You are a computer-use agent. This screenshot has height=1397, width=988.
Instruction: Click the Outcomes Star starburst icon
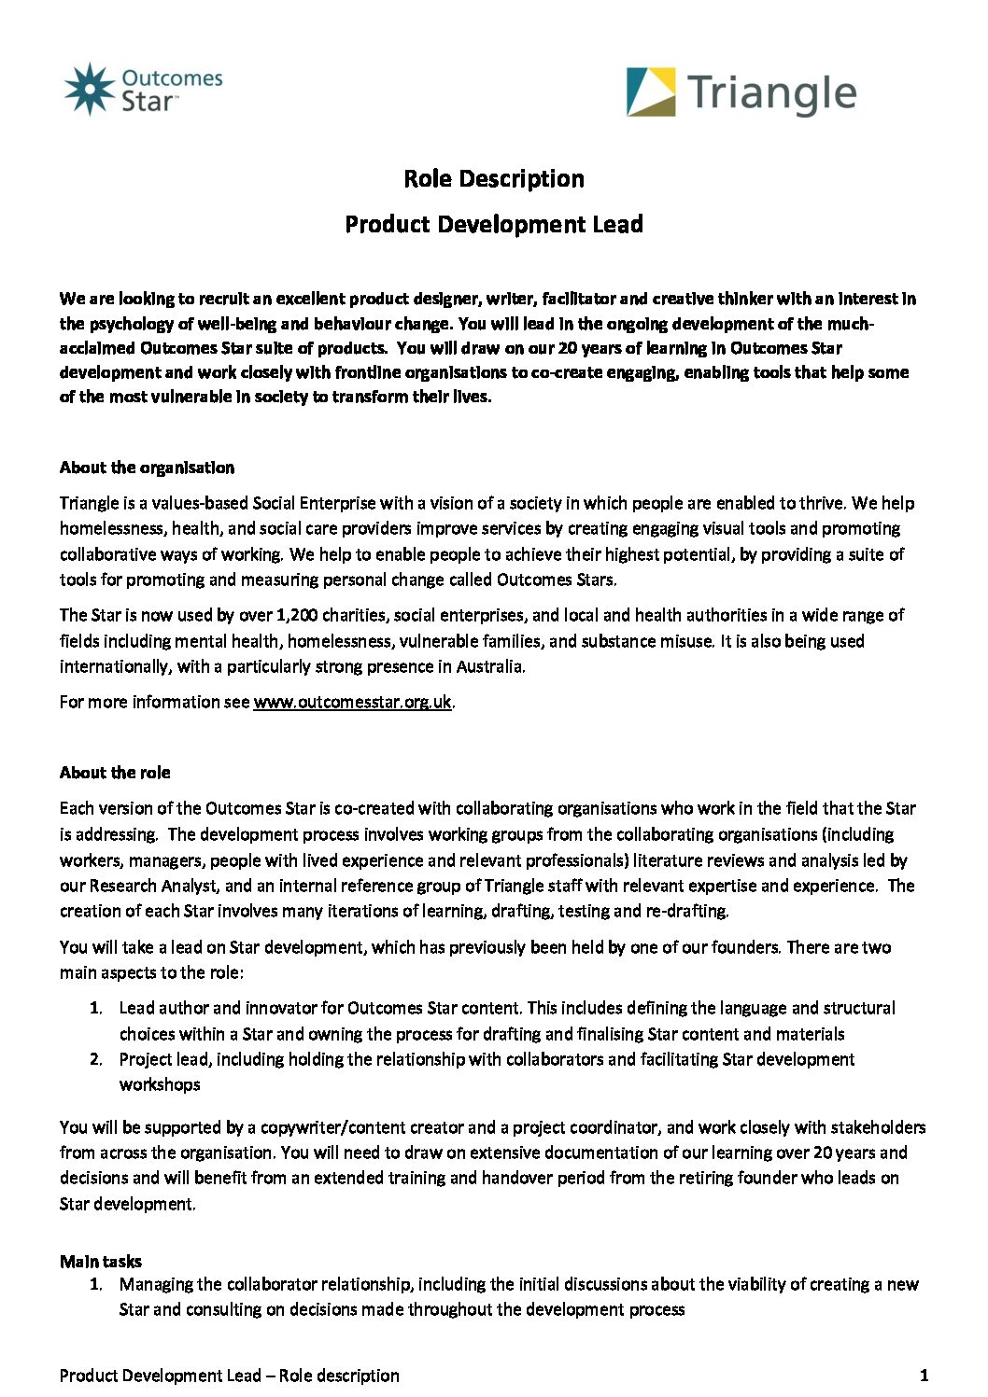[89, 90]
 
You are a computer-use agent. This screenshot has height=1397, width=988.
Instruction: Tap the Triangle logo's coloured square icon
[651, 91]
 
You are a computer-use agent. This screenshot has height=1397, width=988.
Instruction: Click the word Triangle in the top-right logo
[771, 94]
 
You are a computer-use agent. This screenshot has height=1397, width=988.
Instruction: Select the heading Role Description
[494, 178]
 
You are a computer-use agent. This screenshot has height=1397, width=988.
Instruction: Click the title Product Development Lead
[494, 224]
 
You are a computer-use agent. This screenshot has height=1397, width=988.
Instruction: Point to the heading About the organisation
[147, 468]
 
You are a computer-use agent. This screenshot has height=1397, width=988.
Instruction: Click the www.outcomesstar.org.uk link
[352, 702]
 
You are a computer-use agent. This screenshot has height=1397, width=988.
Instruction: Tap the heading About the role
[115, 773]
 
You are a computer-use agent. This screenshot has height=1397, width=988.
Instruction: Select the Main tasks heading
[101, 1262]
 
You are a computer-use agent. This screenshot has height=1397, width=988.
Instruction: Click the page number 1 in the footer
[924, 1375]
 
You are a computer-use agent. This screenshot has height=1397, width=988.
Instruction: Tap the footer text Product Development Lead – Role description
[229, 1376]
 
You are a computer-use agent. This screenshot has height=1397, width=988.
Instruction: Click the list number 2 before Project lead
[95, 1059]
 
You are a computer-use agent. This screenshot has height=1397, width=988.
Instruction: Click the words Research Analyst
[155, 886]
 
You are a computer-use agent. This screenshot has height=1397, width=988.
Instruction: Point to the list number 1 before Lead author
[95, 1008]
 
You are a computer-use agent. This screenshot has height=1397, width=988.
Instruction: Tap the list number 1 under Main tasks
[95, 1284]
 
